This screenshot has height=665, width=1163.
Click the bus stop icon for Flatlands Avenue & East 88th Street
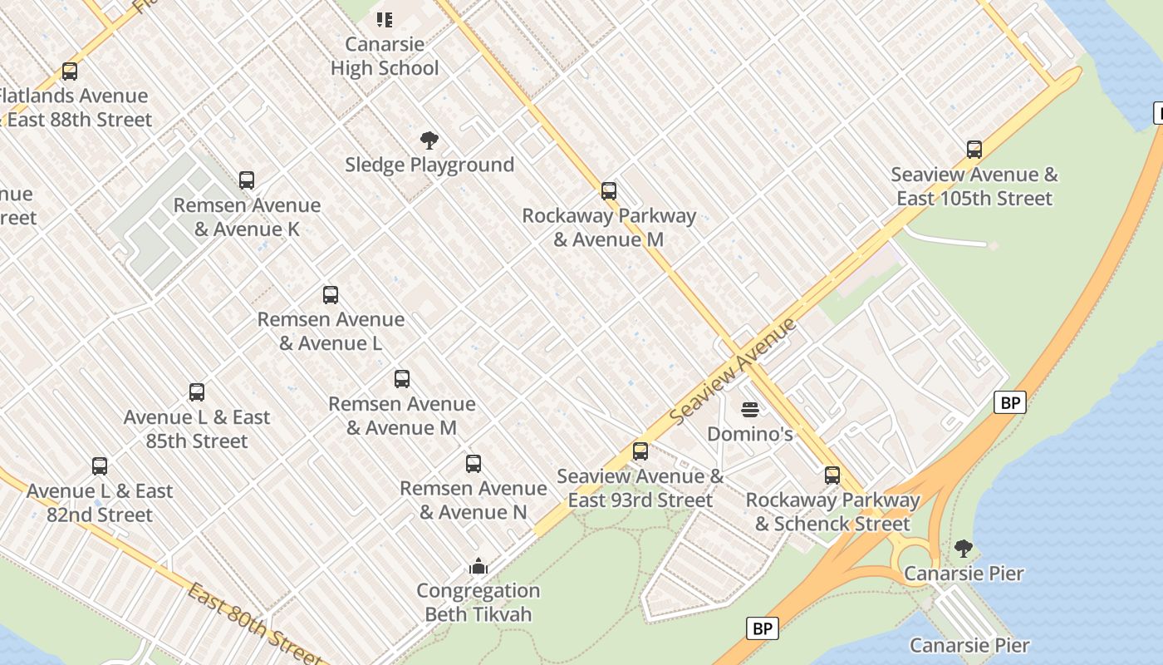click(x=70, y=71)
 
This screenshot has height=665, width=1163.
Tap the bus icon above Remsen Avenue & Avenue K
click(x=247, y=180)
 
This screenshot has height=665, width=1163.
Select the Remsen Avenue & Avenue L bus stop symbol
click(x=331, y=295)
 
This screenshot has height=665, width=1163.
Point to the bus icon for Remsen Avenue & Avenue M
click(x=402, y=379)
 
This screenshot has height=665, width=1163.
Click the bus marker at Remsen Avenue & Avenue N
click(x=474, y=464)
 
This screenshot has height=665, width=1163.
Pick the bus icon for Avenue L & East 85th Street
click(x=197, y=392)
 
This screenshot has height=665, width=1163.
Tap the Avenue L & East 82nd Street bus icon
click(x=100, y=466)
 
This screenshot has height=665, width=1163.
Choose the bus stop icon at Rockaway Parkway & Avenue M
click(x=609, y=191)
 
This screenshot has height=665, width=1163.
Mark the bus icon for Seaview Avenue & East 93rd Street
click(x=640, y=451)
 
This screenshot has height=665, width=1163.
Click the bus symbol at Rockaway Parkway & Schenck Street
click(x=832, y=475)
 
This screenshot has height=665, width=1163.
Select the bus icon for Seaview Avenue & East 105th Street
click(x=974, y=150)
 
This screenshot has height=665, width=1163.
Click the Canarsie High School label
click(x=385, y=56)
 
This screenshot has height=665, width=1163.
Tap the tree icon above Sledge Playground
click(x=429, y=140)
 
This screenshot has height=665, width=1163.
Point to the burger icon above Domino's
click(x=750, y=409)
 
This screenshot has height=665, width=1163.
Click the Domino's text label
click(x=750, y=434)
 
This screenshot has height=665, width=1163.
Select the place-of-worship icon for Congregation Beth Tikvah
click(x=478, y=566)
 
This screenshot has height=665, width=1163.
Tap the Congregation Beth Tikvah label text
click(x=478, y=603)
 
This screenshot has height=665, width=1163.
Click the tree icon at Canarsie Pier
click(x=964, y=549)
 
